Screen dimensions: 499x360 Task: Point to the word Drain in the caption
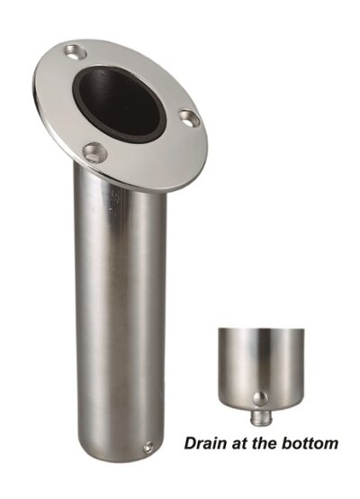(203, 443)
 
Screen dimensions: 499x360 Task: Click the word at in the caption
(236, 443)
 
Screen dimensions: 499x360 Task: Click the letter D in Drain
(190, 443)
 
